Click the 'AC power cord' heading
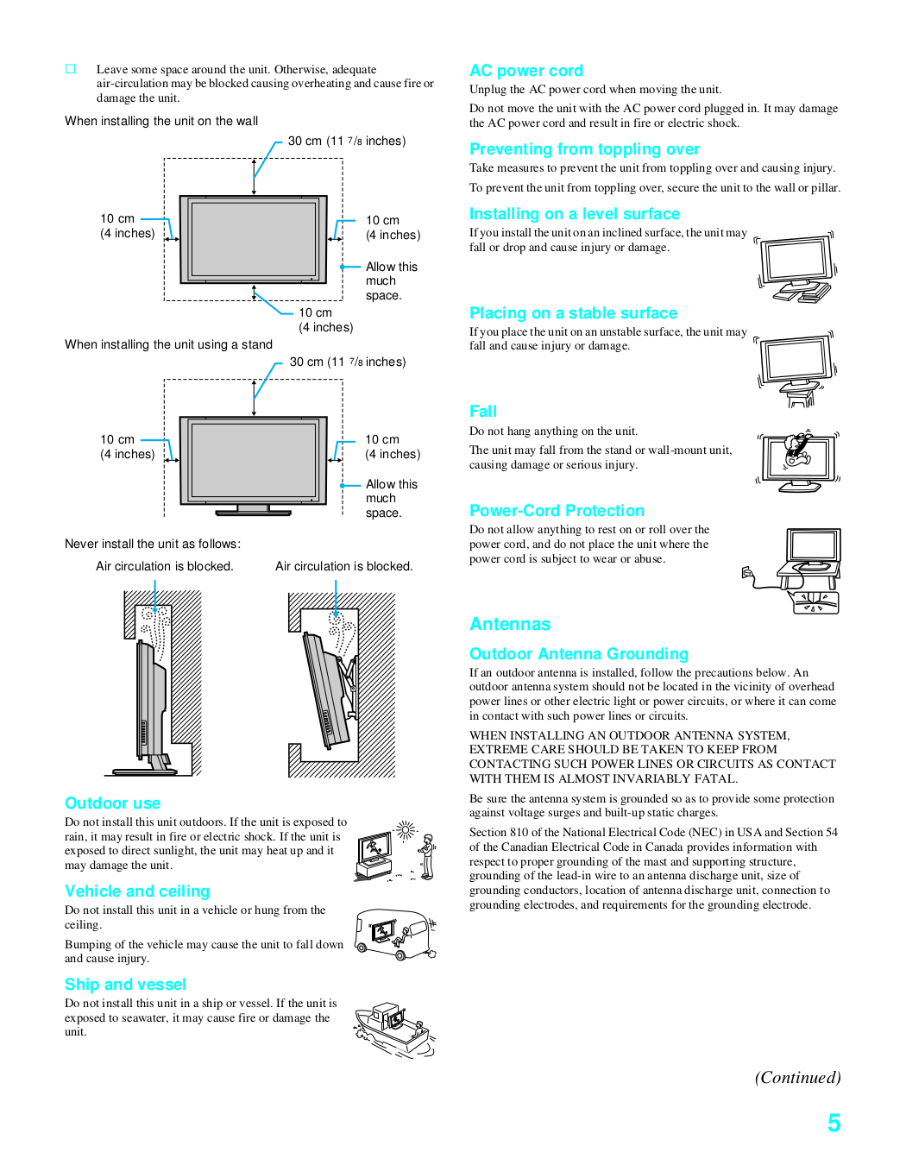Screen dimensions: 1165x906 click(526, 71)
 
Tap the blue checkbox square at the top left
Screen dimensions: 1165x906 click(71, 69)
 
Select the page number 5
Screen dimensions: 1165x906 click(834, 1123)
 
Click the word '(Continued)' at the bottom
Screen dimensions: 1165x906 click(797, 1077)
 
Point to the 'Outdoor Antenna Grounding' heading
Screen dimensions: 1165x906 click(579, 654)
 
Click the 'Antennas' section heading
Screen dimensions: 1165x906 click(510, 624)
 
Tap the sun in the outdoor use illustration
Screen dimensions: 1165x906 click(405, 831)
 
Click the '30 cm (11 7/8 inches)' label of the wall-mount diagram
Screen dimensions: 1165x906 click(347, 141)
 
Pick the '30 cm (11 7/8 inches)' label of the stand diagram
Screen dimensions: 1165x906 click(348, 362)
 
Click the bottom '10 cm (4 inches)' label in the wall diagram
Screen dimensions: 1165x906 click(325, 320)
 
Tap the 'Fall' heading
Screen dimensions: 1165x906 click(483, 412)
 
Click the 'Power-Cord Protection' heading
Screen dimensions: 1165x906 click(557, 511)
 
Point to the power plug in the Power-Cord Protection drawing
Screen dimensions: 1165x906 click(748, 573)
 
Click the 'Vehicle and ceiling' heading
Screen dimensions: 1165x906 click(137, 891)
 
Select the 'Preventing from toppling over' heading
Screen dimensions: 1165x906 click(584, 149)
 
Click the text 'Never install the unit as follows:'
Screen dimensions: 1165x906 click(153, 544)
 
